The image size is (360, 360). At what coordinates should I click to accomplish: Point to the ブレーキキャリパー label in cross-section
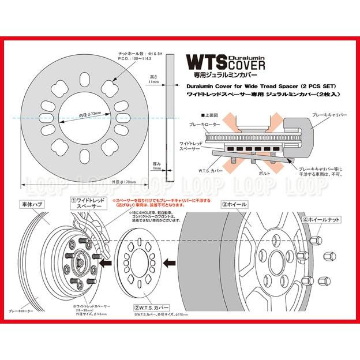point(328,115)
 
